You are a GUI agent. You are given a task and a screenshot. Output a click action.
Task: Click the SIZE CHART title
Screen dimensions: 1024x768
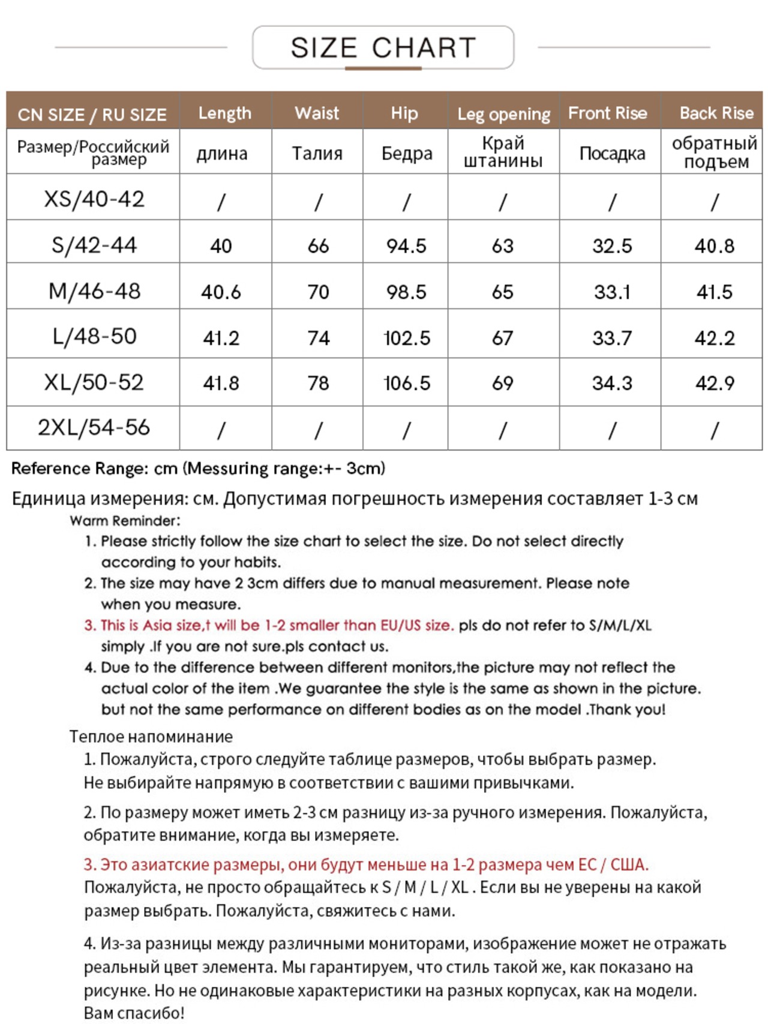pyautogui.click(x=383, y=48)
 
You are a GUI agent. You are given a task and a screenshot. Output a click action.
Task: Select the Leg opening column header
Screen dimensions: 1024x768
pyautogui.click(x=503, y=114)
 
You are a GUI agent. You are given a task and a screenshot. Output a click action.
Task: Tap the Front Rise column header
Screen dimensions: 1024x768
pyautogui.click(x=608, y=113)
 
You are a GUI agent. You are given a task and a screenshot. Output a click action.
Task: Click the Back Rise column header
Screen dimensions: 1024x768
pyautogui.click(x=716, y=113)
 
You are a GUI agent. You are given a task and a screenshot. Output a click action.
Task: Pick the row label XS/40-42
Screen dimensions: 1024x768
pyautogui.click(x=94, y=199)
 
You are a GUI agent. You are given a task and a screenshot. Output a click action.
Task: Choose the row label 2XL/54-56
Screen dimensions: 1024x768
pyautogui.click(x=94, y=428)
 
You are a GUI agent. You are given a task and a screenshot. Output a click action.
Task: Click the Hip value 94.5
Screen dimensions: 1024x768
pyautogui.click(x=406, y=246)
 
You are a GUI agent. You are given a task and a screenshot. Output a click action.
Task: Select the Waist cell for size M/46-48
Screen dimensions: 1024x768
pyautogui.click(x=318, y=292)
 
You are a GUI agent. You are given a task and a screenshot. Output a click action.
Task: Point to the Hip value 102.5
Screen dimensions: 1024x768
pyautogui.click(x=407, y=338)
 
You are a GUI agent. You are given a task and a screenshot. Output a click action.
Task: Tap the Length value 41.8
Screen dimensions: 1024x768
pyautogui.click(x=221, y=383)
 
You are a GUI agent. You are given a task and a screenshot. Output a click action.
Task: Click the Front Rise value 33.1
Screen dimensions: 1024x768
pyautogui.click(x=612, y=292)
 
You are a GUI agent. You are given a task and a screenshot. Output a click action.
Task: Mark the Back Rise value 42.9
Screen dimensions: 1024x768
pyautogui.click(x=715, y=383)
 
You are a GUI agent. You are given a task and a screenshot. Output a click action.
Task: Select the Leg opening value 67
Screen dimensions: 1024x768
pyautogui.click(x=503, y=338)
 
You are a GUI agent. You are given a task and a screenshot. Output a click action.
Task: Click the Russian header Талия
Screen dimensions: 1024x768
pyautogui.click(x=317, y=154)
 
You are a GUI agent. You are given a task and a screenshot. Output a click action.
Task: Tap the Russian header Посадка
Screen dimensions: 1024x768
pyautogui.click(x=612, y=154)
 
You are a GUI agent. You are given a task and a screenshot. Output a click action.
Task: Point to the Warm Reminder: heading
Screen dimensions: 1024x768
pyautogui.click(x=125, y=521)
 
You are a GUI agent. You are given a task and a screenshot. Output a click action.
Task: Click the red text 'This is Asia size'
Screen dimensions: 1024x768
pyautogui.click(x=150, y=626)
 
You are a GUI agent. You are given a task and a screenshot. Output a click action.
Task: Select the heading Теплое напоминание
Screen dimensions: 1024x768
pyautogui.click(x=151, y=737)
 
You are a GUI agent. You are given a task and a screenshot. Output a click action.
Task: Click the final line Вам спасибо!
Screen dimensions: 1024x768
pyautogui.click(x=134, y=1013)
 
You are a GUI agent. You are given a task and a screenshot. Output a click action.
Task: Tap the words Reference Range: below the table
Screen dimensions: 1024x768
pyautogui.click(x=79, y=469)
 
